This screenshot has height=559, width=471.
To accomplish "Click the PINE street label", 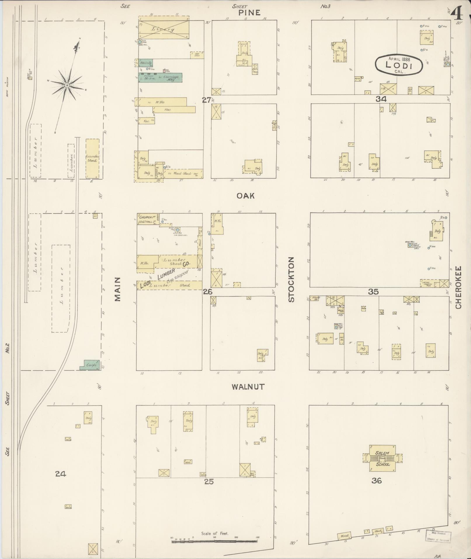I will pos(249,13).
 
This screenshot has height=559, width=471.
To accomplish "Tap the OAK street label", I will pos(246,196).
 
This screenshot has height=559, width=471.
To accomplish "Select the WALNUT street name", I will pos(248,387).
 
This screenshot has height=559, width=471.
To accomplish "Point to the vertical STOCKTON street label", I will pos(291,279).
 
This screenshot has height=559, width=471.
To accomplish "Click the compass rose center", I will pos(67,85).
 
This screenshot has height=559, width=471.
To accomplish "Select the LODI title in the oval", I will pos(399,65).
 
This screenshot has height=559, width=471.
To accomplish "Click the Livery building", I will pos(164,29).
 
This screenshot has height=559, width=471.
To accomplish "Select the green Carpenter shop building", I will pos(90,365).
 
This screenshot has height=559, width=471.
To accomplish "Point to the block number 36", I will pos(377,480).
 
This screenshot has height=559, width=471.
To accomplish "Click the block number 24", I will pos(61,474).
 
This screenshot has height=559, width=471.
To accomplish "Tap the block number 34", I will pos(381,99).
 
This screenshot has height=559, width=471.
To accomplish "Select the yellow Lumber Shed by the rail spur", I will pos(92,158).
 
